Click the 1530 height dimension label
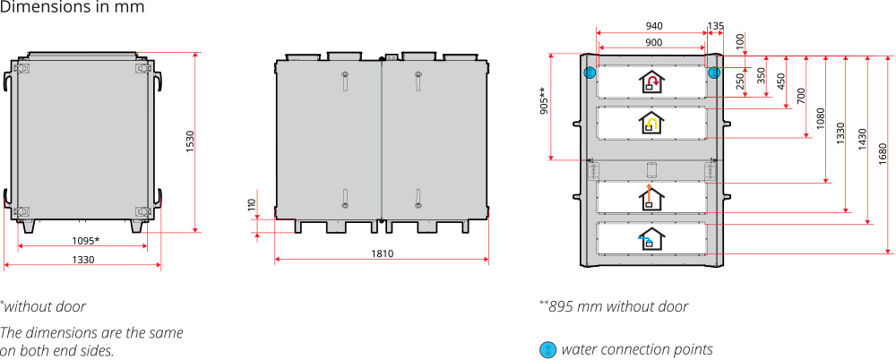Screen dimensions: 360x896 pyautogui.click(x=190, y=142)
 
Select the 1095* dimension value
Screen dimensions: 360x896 pyautogui.click(x=85, y=240)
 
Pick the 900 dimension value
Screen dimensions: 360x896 pyautogui.click(x=653, y=42)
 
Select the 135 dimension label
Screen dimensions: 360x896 pyautogui.click(x=716, y=26)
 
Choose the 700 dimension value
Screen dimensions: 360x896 pyautogui.click(x=801, y=96)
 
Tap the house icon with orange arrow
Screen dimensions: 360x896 pyautogui.click(x=652, y=196)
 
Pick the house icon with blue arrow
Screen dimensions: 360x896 pyautogui.click(x=651, y=237)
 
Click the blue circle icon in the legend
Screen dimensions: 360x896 pyautogui.click(x=547, y=349)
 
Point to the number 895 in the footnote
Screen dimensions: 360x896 pyautogui.click(x=566, y=306)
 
